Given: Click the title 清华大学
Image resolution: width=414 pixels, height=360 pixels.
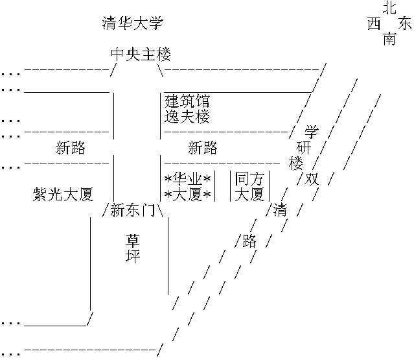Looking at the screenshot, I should point(133,25).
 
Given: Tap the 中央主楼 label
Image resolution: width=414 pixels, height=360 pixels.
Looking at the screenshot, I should point(137,55).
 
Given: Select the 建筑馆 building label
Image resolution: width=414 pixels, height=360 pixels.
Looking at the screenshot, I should point(187,101).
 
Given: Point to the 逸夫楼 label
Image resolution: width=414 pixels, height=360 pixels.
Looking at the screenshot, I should point(187,117).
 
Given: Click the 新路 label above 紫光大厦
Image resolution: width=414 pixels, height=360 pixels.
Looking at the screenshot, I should point(71,148).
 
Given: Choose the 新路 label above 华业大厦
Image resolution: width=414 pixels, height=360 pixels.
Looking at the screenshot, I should point(203,148).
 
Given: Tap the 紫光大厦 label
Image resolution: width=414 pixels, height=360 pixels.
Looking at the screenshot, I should point(63,194).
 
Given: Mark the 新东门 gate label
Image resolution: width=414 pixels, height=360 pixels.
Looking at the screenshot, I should point(132,210).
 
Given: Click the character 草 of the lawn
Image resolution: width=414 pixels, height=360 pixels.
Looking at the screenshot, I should point(132,241).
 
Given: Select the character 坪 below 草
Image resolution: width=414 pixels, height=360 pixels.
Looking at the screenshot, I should point(132,256).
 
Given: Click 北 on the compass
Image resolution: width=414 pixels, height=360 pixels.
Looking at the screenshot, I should point(389,8).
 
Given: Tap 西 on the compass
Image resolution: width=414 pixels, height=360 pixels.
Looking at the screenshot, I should point(374,24).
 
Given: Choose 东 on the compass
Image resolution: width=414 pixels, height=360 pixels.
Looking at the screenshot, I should point(405,24).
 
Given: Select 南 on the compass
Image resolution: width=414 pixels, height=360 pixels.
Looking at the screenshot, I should point(389,40).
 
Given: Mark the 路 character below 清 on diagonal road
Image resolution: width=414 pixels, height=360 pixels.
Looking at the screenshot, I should point(249,241).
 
